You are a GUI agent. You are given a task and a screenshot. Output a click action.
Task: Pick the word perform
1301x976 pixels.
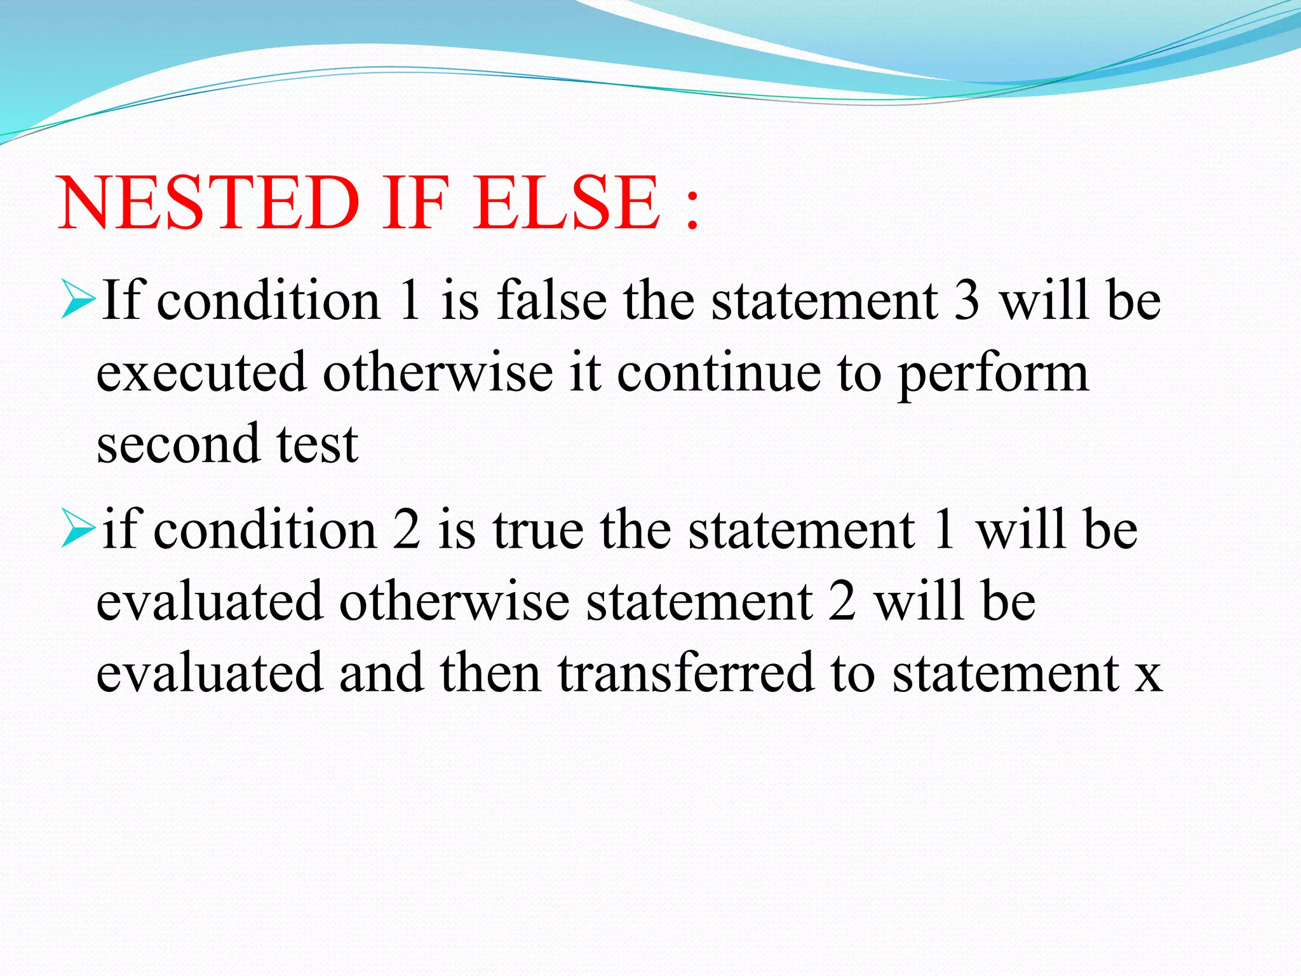994,375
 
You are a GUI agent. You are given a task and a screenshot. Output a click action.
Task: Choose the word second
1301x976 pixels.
178,444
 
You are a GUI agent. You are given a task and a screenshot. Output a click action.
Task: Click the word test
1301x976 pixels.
318,444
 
